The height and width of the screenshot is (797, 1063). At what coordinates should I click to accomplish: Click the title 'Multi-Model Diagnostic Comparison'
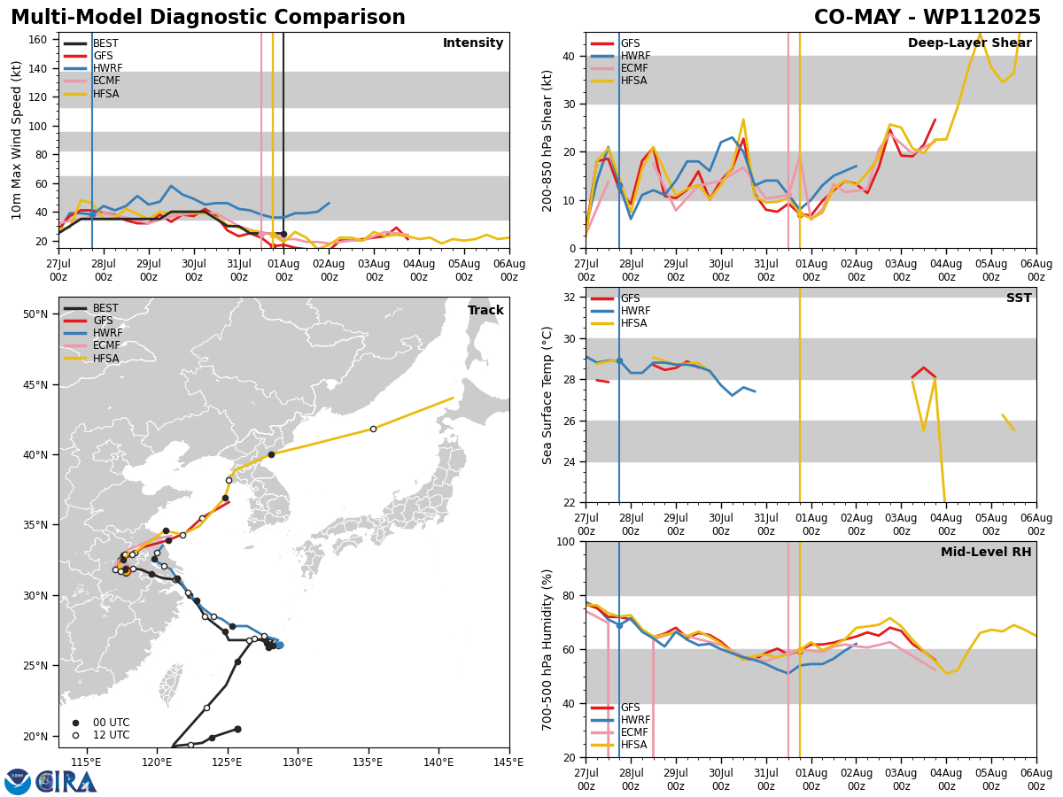pos(208,18)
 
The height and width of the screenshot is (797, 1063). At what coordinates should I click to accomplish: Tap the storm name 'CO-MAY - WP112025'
pos(927,18)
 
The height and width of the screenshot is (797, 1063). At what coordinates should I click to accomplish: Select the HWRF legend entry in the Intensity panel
pos(93,68)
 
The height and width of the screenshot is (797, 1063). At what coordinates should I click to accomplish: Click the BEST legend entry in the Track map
pos(91,308)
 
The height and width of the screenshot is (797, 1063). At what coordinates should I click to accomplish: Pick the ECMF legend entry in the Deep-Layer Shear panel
pos(619,68)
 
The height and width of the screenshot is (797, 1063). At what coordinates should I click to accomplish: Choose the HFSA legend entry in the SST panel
pos(619,323)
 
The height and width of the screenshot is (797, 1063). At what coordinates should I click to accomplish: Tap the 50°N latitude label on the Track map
pos(35,314)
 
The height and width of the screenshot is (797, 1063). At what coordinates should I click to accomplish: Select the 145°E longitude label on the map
pos(509,762)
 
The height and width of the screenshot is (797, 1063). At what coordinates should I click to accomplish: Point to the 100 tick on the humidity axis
pos(565,541)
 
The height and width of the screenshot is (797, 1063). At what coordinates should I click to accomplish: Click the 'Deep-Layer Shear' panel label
pos(969,43)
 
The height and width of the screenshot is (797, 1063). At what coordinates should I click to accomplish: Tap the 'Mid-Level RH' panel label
pos(986,552)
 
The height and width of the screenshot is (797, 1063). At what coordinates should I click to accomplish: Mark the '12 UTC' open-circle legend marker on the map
pos(75,735)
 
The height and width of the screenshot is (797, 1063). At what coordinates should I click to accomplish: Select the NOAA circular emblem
pos(17,782)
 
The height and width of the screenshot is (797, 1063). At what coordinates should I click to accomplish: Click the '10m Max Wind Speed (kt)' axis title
pos(16,140)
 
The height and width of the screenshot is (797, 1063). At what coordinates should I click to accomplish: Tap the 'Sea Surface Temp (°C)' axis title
pos(547,396)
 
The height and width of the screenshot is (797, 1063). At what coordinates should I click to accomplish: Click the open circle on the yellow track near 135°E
pos(373,429)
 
